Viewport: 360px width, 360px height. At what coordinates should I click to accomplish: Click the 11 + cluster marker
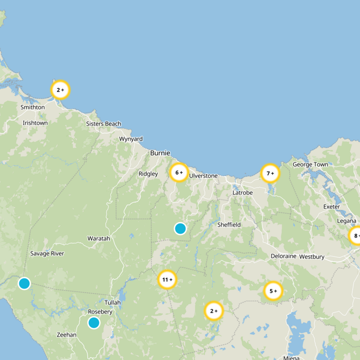[x=167, y=280]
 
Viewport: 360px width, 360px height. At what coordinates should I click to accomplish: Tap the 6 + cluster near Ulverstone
[x=179, y=172]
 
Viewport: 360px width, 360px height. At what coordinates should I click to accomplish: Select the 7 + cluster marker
[x=270, y=173]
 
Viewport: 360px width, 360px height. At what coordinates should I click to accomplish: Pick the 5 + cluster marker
[x=273, y=291]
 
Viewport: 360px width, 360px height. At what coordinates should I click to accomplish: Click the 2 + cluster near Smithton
[x=60, y=90]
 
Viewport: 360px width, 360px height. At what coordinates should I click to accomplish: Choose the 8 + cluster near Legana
[x=355, y=236]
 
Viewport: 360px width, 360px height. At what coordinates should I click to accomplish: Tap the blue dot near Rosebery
[x=94, y=323]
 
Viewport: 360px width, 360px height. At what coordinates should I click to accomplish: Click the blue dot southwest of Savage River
[x=24, y=283]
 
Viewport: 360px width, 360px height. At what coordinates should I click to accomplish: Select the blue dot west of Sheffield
[x=180, y=229]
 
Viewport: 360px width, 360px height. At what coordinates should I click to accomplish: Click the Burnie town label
[x=160, y=153]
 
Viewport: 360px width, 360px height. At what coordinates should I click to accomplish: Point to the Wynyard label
[x=131, y=139]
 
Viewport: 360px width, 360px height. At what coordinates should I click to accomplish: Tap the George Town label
[x=310, y=165]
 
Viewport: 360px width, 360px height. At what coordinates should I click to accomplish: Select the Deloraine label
[x=283, y=256]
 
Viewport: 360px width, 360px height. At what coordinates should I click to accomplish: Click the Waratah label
[x=99, y=238]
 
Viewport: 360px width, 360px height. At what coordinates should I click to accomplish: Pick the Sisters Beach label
[x=103, y=124]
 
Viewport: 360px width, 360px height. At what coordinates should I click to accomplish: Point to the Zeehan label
[x=67, y=335]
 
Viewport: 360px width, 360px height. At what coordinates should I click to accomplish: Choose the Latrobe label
[x=243, y=193]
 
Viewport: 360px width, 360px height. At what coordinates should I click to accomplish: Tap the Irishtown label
[x=35, y=123]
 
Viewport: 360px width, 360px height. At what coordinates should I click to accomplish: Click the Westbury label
[x=312, y=257]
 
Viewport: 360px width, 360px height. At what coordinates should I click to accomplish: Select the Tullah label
[x=112, y=302]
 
